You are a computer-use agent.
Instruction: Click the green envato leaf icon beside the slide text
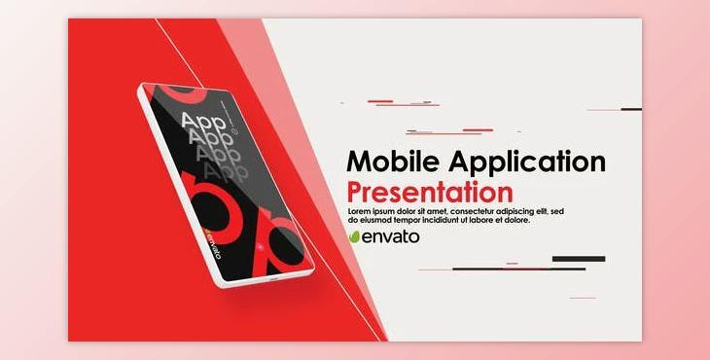pyautogui.click(x=355, y=236)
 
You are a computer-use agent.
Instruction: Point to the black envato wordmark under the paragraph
pyautogui.click(x=391, y=236)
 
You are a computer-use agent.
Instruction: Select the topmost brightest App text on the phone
pyautogui.click(x=205, y=122)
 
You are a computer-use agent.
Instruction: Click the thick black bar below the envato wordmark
pyautogui.click(x=579, y=259)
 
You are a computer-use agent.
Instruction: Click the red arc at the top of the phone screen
pyautogui.click(x=184, y=93)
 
